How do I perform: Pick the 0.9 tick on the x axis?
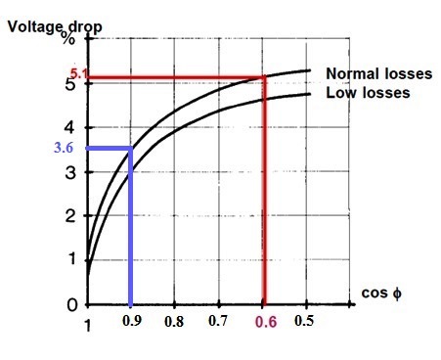[132, 320]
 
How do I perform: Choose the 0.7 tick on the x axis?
[219, 320]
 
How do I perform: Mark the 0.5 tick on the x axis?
[307, 320]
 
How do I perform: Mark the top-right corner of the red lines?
[264, 76]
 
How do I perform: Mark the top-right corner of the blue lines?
[132, 149]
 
